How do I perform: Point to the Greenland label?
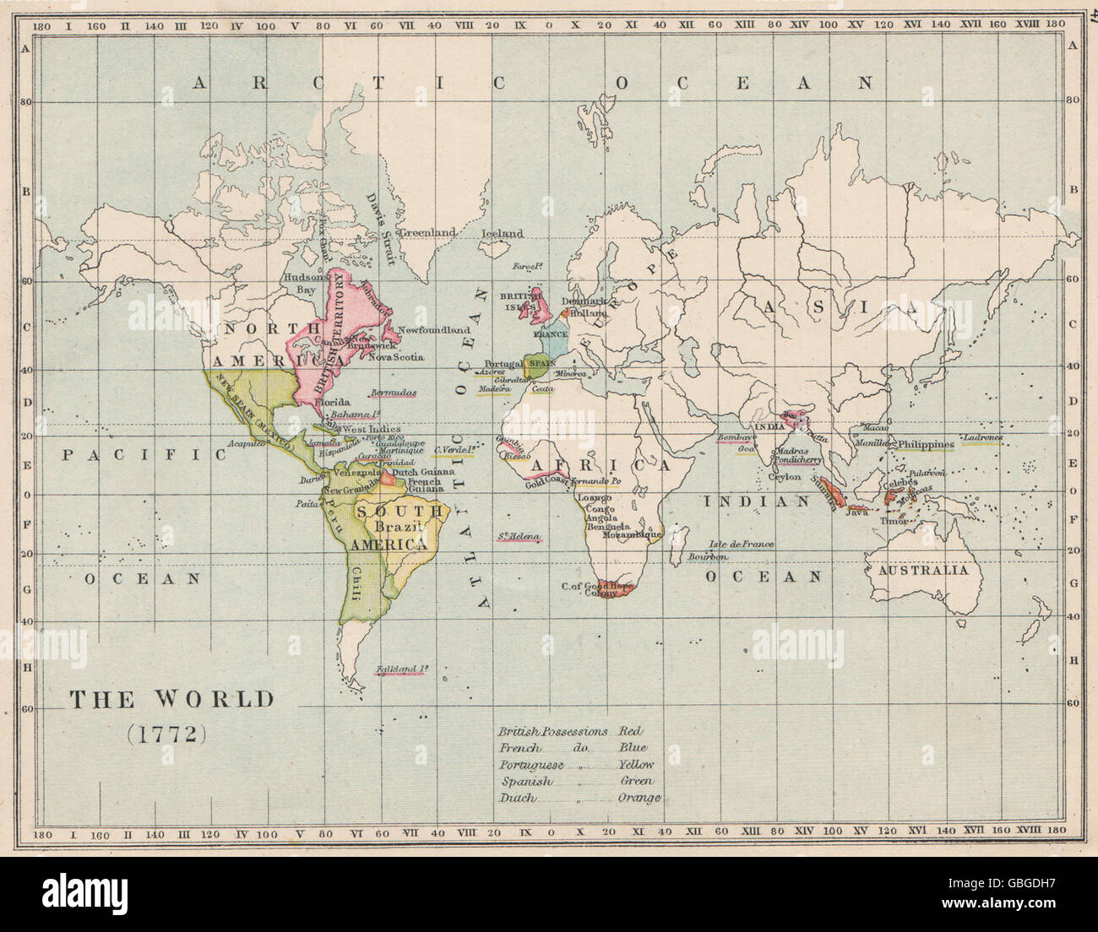tap(427, 232)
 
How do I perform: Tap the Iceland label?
tap(502, 234)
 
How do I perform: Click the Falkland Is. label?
tap(401, 670)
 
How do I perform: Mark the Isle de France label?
tap(741, 545)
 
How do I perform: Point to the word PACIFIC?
tap(146, 454)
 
